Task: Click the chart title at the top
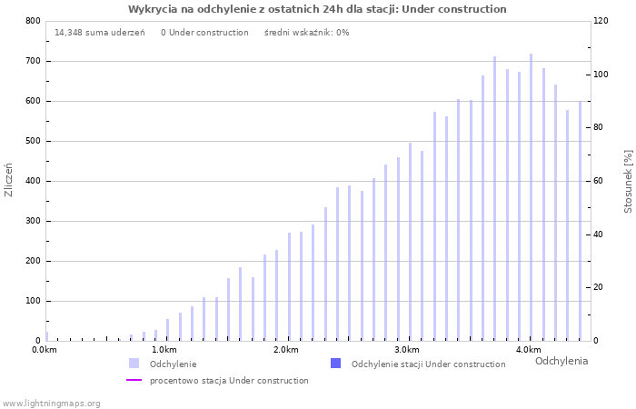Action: [317, 9]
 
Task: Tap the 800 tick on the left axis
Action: [33, 21]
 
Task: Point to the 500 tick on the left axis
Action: [33, 141]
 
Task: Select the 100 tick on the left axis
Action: [33, 301]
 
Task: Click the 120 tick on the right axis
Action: [601, 21]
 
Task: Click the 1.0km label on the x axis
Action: [164, 350]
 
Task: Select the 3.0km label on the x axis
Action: [406, 350]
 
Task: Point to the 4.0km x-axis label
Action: [528, 350]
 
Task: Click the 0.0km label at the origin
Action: [45, 350]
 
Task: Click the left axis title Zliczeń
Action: [9, 180]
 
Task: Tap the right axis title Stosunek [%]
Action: [628, 182]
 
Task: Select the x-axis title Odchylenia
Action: [561, 361]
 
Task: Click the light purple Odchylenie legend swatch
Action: [134, 364]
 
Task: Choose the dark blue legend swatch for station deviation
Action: [335, 364]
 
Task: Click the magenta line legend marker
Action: [134, 381]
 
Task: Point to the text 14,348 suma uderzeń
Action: [99, 33]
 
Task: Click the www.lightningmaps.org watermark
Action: [51, 403]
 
